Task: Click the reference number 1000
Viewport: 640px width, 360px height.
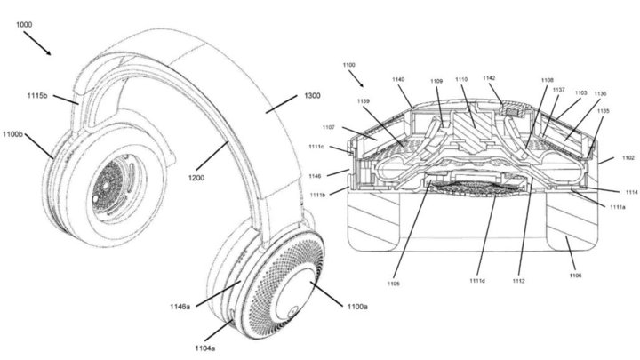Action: pyautogui.click(x=24, y=25)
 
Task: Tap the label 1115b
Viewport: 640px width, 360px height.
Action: pyautogui.click(x=37, y=95)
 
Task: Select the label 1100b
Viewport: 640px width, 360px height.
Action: pyautogui.click(x=12, y=134)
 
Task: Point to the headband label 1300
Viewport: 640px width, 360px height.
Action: pyautogui.click(x=312, y=95)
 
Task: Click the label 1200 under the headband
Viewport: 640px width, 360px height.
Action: pyautogui.click(x=196, y=178)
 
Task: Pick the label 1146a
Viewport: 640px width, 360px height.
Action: pyautogui.click(x=180, y=306)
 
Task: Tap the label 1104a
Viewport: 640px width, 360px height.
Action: pyautogui.click(x=205, y=348)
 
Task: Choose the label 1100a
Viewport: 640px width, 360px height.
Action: pyautogui.click(x=357, y=306)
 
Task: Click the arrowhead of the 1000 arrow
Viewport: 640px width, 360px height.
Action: pyautogui.click(x=49, y=53)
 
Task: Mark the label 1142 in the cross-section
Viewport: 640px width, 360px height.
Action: pyautogui.click(x=489, y=77)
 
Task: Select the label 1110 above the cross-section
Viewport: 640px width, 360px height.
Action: pyautogui.click(x=461, y=80)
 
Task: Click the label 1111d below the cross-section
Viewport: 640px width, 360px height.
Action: pyautogui.click(x=477, y=280)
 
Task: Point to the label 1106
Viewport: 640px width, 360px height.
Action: pyautogui.click(x=575, y=276)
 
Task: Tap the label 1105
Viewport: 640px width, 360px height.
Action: pyautogui.click(x=394, y=284)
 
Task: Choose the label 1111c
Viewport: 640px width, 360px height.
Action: pyautogui.click(x=316, y=147)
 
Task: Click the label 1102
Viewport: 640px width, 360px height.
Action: pyautogui.click(x=628, y=157)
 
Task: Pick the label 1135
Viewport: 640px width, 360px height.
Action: pyautogui.click(x=603, y=110)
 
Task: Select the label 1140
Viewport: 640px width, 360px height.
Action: pyautogui.click(x=398, y=80)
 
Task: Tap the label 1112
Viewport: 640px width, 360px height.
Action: pyautogui.click(x=519, y=281)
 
